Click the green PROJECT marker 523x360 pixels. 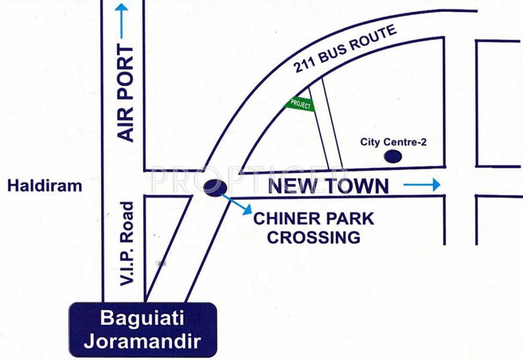[300, 104]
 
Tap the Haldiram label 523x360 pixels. [45, 186]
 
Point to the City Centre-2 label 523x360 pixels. [393, 142]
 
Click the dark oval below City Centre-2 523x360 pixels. [393, 157]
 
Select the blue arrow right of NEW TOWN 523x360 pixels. [422, 185]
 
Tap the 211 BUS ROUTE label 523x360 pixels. [345, 49]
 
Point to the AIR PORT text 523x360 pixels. [126, 94]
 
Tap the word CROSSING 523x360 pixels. [314, 237]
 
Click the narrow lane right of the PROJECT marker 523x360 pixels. [326, 124]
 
